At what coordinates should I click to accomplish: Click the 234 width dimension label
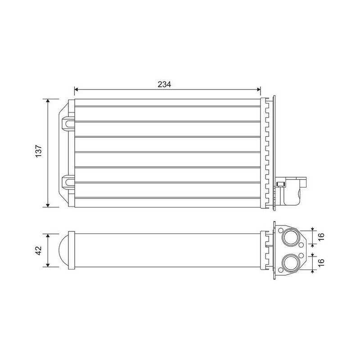click(x=164, y=85)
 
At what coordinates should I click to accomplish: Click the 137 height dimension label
click(x=39, y=151)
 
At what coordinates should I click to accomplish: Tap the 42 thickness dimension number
click(x=39, y=250)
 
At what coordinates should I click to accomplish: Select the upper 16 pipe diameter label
click(x=321, y=237)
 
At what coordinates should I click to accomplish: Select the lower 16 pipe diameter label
click(x=321, y=262)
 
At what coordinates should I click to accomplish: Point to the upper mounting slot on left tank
click(x=68, y=124)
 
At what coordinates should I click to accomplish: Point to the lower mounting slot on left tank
click(x=68, y=182)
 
